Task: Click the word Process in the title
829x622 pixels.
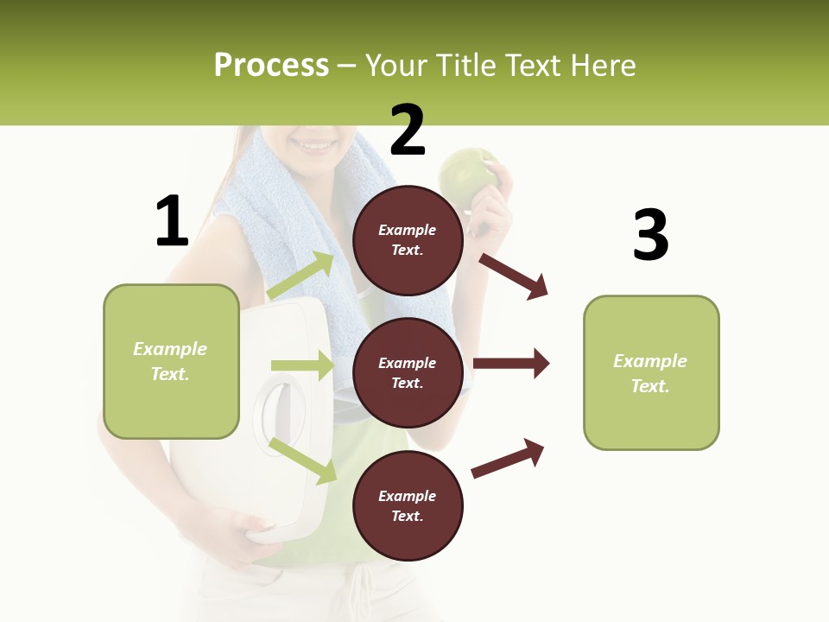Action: [271, 66]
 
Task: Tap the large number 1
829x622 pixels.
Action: [172, 222]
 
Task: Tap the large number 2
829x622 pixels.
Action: [408, 131]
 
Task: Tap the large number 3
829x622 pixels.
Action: [650, 236]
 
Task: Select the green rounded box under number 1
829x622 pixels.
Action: [171, 361]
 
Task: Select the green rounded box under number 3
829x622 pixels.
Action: [651, 372]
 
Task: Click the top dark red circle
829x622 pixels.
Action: [408, 240]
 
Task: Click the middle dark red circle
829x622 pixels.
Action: [408, 372]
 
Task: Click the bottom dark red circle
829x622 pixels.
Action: [408, 505]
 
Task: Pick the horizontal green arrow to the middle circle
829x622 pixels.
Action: [302, 365]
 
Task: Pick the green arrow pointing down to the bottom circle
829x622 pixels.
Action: [303, 460]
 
